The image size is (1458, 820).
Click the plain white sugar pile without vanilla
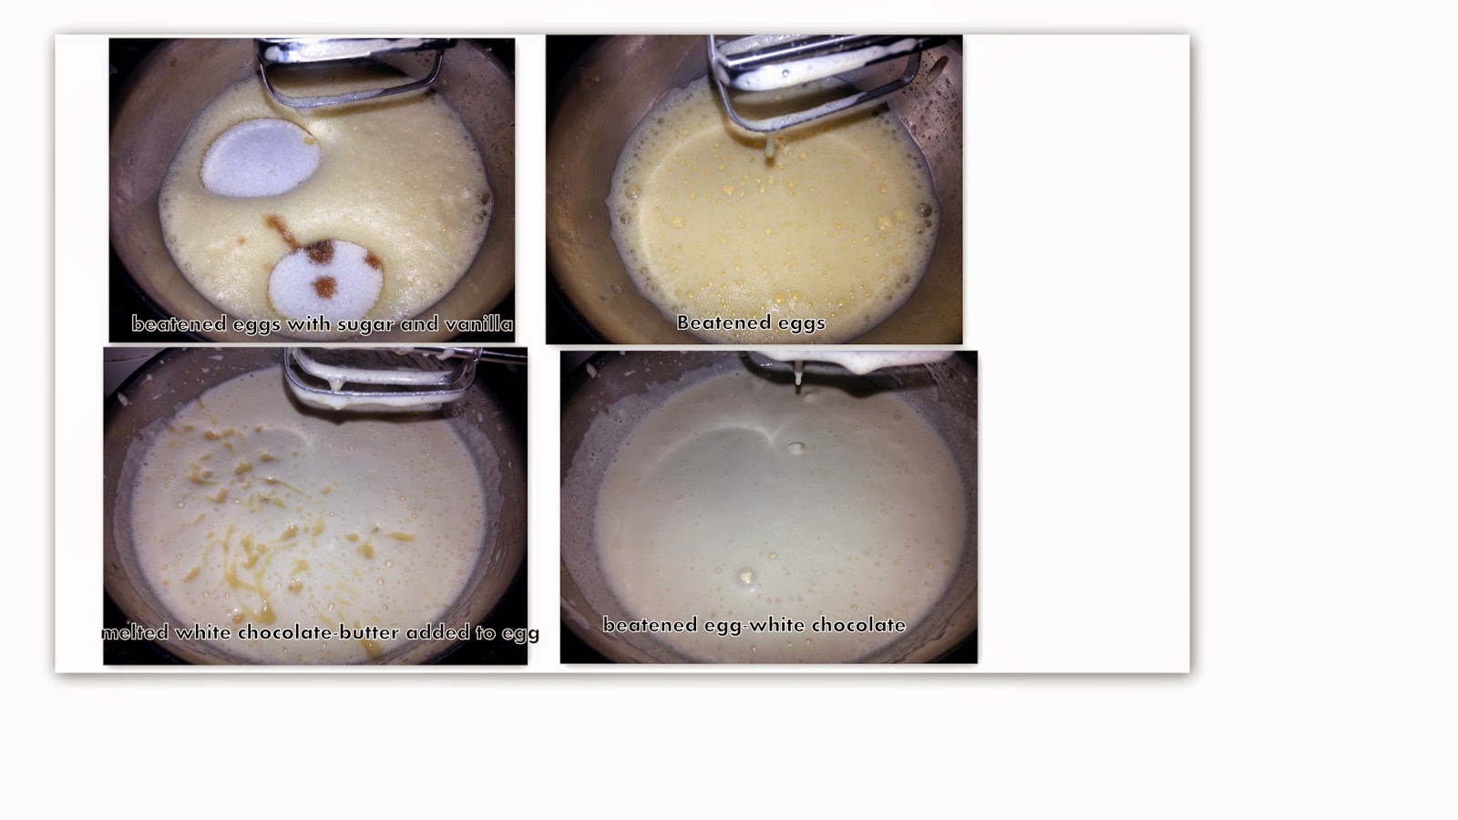point(261,159)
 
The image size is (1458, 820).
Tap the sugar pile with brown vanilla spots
point(325,277)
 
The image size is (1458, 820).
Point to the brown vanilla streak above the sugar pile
point(282,231)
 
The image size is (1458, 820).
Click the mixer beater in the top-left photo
point(352,68)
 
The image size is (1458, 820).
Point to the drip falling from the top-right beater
point(771,147)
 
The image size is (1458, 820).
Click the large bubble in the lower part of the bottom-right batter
point(746,576)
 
